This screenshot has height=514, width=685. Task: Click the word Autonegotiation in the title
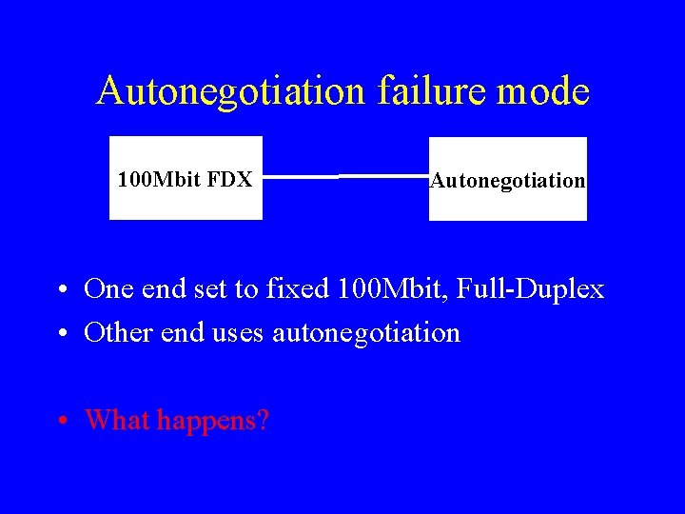tap(231, 91)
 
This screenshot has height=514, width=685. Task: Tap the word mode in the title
tap(544, 91)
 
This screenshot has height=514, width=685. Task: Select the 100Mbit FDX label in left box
tap(185, 178)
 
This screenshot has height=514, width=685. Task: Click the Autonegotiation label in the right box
tap(507, 180)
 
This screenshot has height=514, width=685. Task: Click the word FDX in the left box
tap(229, 178)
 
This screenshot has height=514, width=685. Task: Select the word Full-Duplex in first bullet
tap(531, 289)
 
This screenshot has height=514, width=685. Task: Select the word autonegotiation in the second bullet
tap(366, 333)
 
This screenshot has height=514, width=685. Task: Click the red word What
tap(117, 419)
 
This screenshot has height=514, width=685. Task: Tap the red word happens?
tap(213, 420)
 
